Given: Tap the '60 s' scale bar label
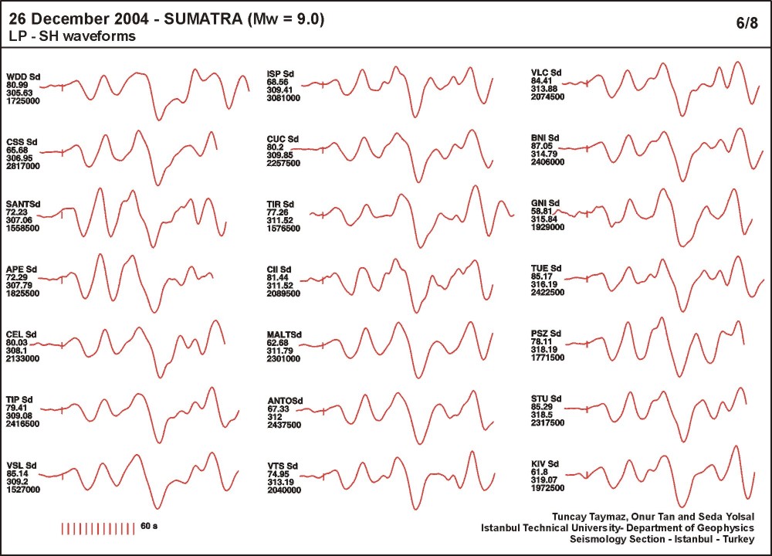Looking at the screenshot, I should point(150,526).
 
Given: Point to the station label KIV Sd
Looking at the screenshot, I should point(546,463).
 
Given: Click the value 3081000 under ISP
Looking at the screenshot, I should point(283,99).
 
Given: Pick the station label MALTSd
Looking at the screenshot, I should point(284,334).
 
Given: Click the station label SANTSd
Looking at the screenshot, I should point(23,204).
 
